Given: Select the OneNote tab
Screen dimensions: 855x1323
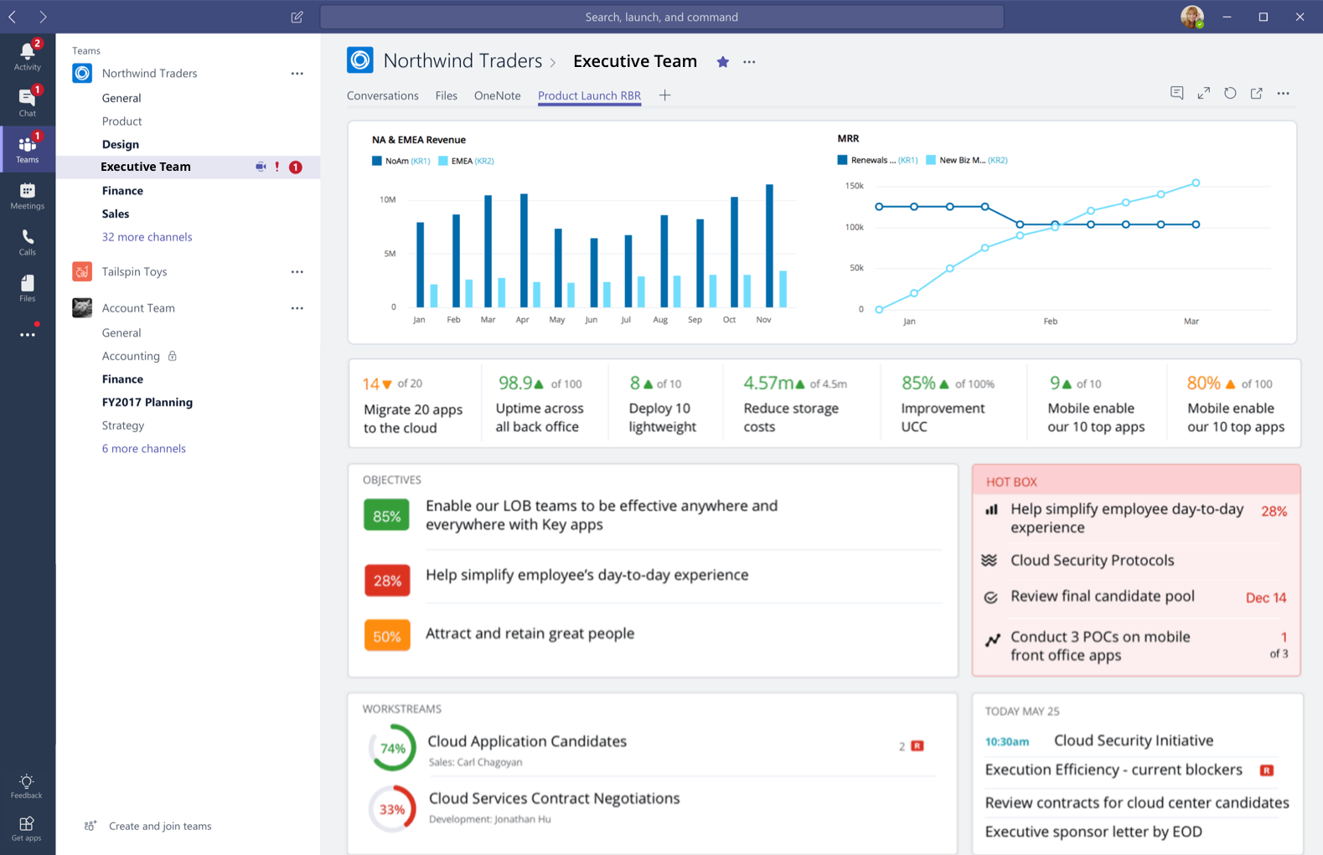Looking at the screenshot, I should click(497, 95).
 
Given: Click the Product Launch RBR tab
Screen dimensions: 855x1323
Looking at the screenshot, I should click(589, 95).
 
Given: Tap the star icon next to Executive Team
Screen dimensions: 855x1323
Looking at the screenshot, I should click(722, 62).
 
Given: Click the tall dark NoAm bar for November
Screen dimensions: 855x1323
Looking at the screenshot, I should click(769, 245).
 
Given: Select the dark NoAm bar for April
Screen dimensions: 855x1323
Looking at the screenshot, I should click(524, 250).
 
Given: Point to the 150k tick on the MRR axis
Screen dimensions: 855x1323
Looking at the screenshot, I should click(854, 186).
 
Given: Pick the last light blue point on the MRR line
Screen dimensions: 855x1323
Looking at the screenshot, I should click(1196, 183).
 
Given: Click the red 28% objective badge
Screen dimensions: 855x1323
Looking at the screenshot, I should click(387, 580).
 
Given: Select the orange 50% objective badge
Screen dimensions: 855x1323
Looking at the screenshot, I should click(387, 636).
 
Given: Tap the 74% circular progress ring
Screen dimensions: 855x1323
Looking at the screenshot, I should click(392, 748).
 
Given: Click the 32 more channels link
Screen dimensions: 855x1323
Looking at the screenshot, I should click(147, 237).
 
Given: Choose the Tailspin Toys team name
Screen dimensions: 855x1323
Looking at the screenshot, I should click(134, 271).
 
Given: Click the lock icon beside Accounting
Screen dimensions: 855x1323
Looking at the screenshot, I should click(172, 356).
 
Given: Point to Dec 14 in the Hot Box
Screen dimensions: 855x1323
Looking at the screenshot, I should click(1265, 598).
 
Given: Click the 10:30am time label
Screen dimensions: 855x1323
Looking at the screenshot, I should click(1006, 741).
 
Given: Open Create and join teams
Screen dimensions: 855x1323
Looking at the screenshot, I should click(159, 826).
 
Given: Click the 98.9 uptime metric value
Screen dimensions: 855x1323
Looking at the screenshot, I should click(515, 384).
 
